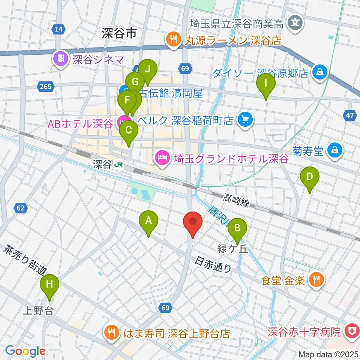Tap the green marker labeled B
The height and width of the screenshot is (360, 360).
[x=237, y=228]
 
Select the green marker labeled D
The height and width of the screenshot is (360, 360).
[x=309, y=177]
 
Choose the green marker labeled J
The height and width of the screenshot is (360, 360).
[x=148, y=69]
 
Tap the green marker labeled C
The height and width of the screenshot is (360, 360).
[x=129, y=130]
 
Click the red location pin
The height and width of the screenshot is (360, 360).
[x=193, y=222]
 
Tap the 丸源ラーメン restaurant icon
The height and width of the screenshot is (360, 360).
[x=173, y=39]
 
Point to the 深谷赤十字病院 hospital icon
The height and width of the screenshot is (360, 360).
[x=352, y=331]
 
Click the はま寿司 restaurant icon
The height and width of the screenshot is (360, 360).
[x=112, y=332]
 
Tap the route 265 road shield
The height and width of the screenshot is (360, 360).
[x=45, y=87]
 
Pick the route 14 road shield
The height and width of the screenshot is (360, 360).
[x=58, y=29]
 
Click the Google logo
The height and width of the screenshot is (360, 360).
[x=25, y=351]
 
